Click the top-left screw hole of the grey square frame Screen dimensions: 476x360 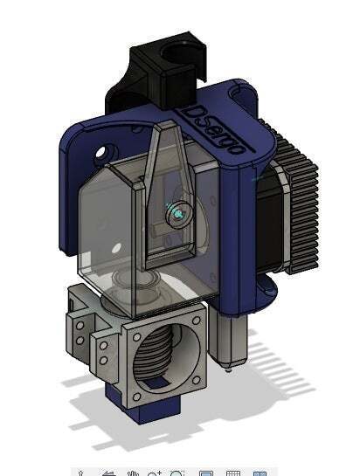(135, 336)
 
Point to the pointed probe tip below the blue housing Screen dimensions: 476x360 (228, 366)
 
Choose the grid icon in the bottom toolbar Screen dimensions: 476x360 (233, 473)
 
